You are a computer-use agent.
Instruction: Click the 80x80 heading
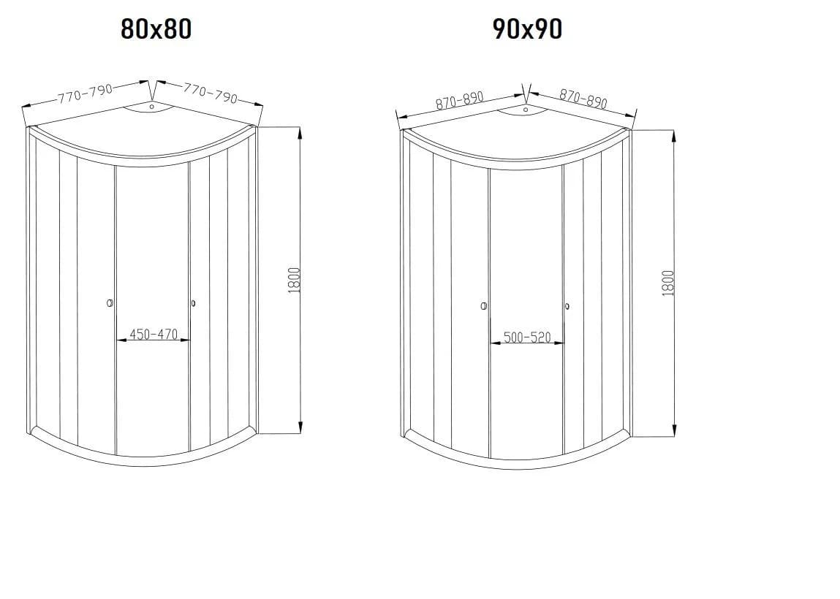coord(156,29)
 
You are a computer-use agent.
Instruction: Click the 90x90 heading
coord(527,29)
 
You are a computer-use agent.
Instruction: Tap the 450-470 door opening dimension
coord(154,335)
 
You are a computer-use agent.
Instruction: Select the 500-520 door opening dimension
coord(527,337)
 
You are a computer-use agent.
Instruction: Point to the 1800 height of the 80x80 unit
coord(294,280)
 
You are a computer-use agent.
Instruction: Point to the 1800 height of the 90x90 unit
coord(668,283)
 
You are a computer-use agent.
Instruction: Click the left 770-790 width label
coord(86,94)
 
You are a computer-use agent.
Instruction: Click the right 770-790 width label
coord(210,93)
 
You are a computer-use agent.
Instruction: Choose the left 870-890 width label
coord(460,100)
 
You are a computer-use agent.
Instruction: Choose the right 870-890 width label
coord(583,99)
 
